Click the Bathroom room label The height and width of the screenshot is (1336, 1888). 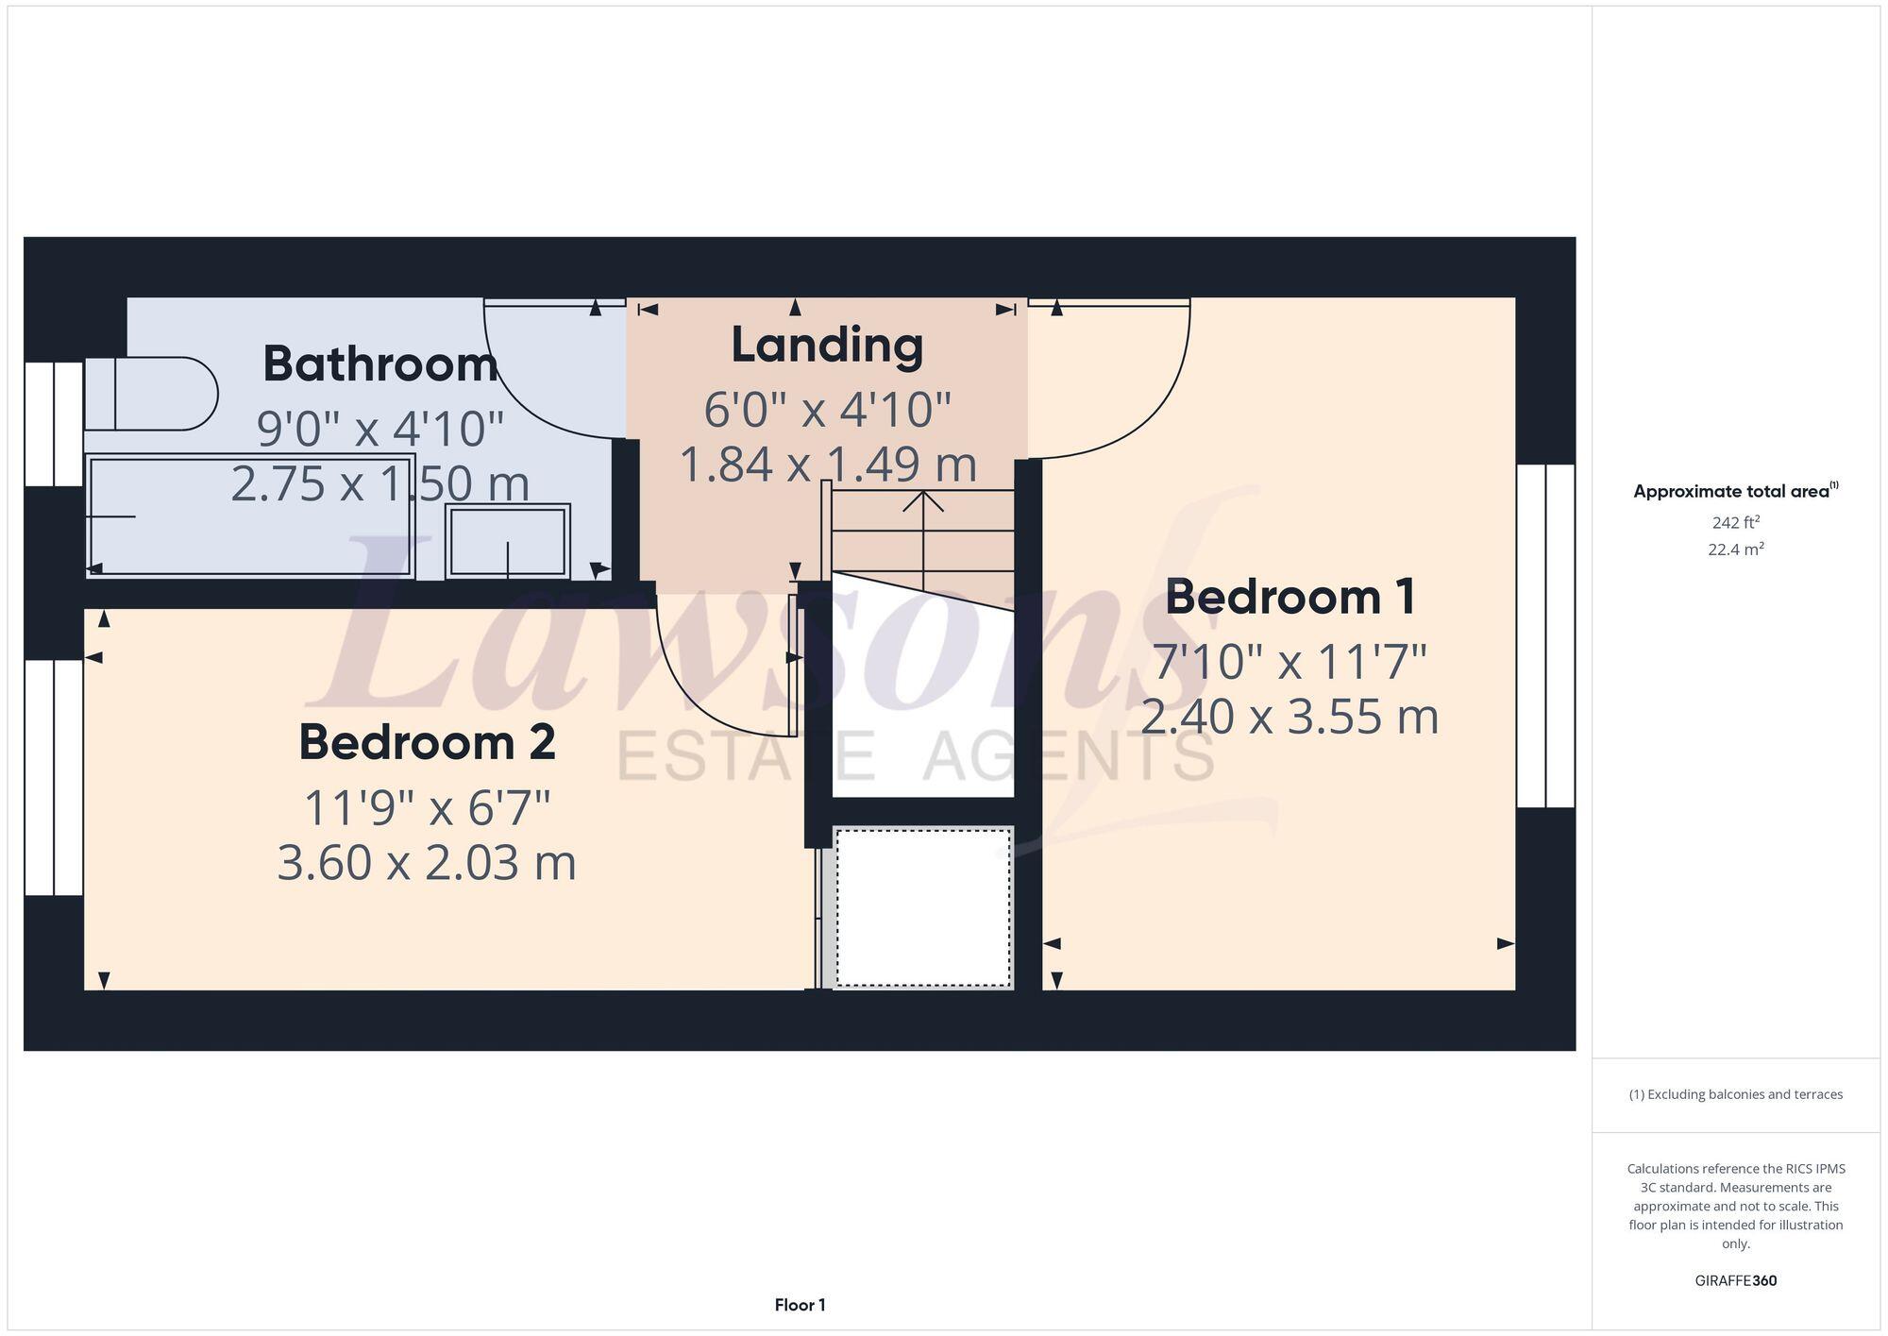coord(379,364)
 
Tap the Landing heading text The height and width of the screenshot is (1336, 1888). coord(827,345)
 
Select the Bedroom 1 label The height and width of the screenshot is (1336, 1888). coord(1290,597)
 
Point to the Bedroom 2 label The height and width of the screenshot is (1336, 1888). coord(427,742)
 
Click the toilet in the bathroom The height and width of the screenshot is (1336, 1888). coord(151,393)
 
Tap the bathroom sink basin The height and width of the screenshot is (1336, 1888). coord(508,541)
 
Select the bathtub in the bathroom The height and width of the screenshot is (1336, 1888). coord(250,516)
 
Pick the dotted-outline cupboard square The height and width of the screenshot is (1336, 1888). coord(923,907)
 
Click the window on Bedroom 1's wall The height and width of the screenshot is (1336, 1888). coord(1545,635)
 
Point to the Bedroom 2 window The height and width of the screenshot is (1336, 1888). coord(54,776)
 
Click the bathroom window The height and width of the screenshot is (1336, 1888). coord(54,424)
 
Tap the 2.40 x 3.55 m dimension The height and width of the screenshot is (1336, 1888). coord(1290,717)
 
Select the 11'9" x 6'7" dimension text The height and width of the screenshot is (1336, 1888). coord(427,808)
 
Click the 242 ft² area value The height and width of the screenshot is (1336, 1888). coord(1735,522)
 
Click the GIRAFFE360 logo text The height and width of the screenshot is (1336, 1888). coord(1735,1280)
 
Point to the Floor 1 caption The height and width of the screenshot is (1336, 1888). coord(800,1305)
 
